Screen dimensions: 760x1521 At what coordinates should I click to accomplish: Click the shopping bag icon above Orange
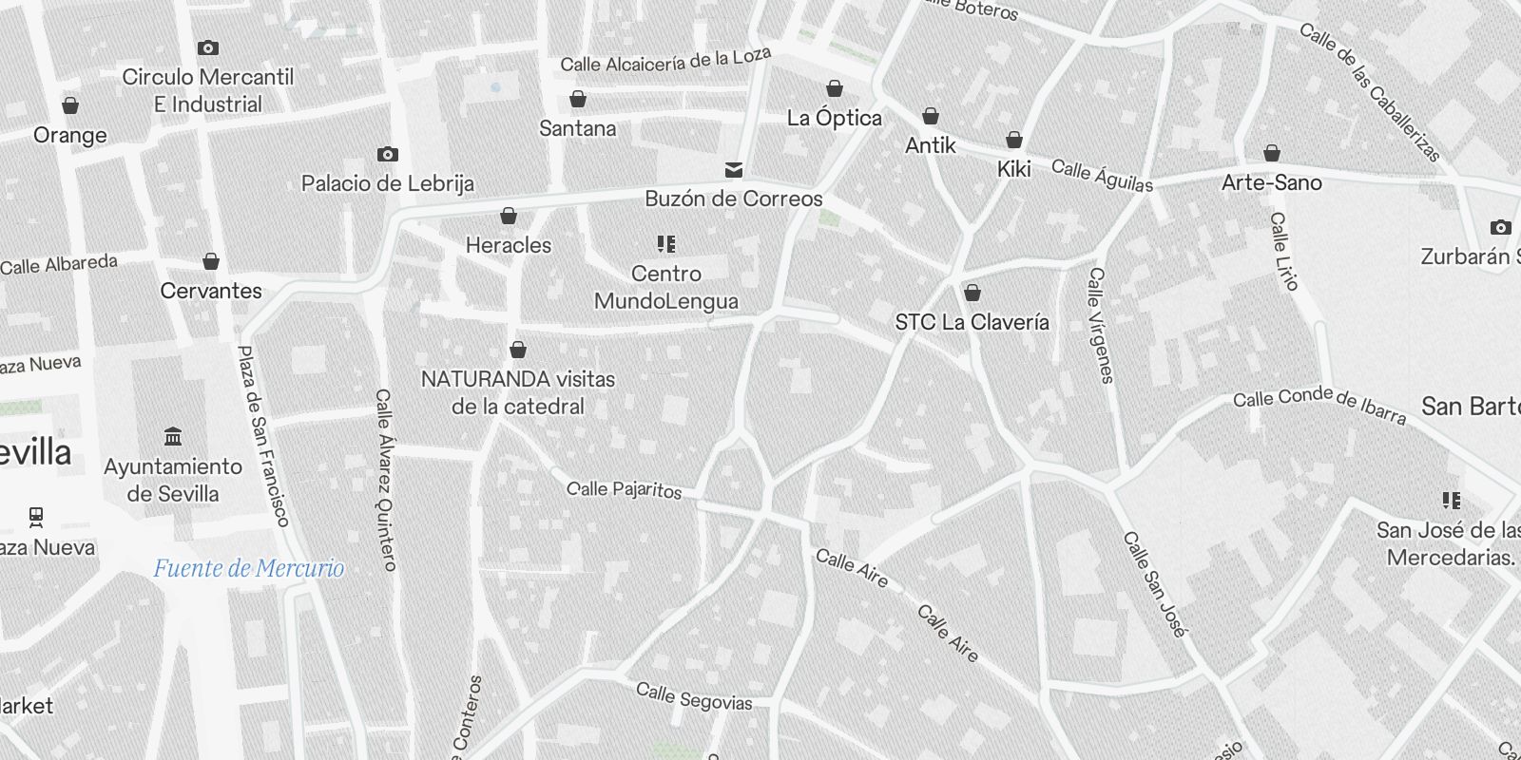click(x=70, y=105)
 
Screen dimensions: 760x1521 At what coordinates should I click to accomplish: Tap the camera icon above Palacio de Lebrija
click(x=387, y=154)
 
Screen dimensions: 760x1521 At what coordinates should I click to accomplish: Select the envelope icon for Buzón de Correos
click(x=734, y=170)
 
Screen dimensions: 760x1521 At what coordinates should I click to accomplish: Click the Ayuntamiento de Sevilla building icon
click(x=173, y=437)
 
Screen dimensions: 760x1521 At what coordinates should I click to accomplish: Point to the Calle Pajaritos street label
click(x=624, y=489)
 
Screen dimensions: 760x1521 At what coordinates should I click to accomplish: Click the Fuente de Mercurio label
click(x=249, y=569)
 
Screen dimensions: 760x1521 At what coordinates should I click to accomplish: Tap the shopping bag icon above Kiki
click(x=1014, y=141)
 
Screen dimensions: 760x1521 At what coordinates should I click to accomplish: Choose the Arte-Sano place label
click(x=1271, y=182)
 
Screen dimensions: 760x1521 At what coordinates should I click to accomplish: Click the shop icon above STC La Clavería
click(x=972, y=293)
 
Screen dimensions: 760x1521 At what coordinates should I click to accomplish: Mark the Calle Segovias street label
click(x=693, y=696)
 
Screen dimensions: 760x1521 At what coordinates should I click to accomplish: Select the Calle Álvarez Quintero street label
click(x=385, y=479)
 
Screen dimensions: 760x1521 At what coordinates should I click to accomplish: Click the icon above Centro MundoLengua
click(x=666, y=244)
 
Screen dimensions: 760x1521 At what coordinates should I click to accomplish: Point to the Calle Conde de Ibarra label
click(x=1319, y=404)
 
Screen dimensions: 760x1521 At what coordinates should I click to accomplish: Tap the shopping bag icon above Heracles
click(x=509, y=217)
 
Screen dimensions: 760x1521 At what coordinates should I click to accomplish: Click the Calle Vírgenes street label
click(x=1100, y=325)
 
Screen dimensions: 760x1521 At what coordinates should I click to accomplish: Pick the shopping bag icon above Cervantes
click(x=211, y=261)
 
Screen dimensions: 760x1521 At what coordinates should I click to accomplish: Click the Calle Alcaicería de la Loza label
click(x=664, y=61)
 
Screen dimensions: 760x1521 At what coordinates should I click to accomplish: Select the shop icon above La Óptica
click(x=835, y=89)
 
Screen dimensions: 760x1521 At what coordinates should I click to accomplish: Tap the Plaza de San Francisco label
click(x=261, y=435)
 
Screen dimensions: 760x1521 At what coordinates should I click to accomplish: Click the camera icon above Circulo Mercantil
click(x=208, y=47)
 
